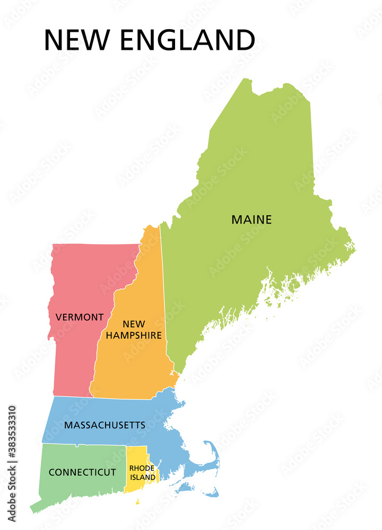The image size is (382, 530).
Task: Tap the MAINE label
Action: pos(251,219)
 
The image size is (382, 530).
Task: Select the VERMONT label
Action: pos(80,317)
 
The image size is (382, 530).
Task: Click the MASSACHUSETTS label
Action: pos(105,425)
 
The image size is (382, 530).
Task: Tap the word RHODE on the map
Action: pos(142,469)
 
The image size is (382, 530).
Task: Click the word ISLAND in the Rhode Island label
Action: pos(143,478)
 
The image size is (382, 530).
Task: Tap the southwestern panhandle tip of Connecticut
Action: pos(33,510)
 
